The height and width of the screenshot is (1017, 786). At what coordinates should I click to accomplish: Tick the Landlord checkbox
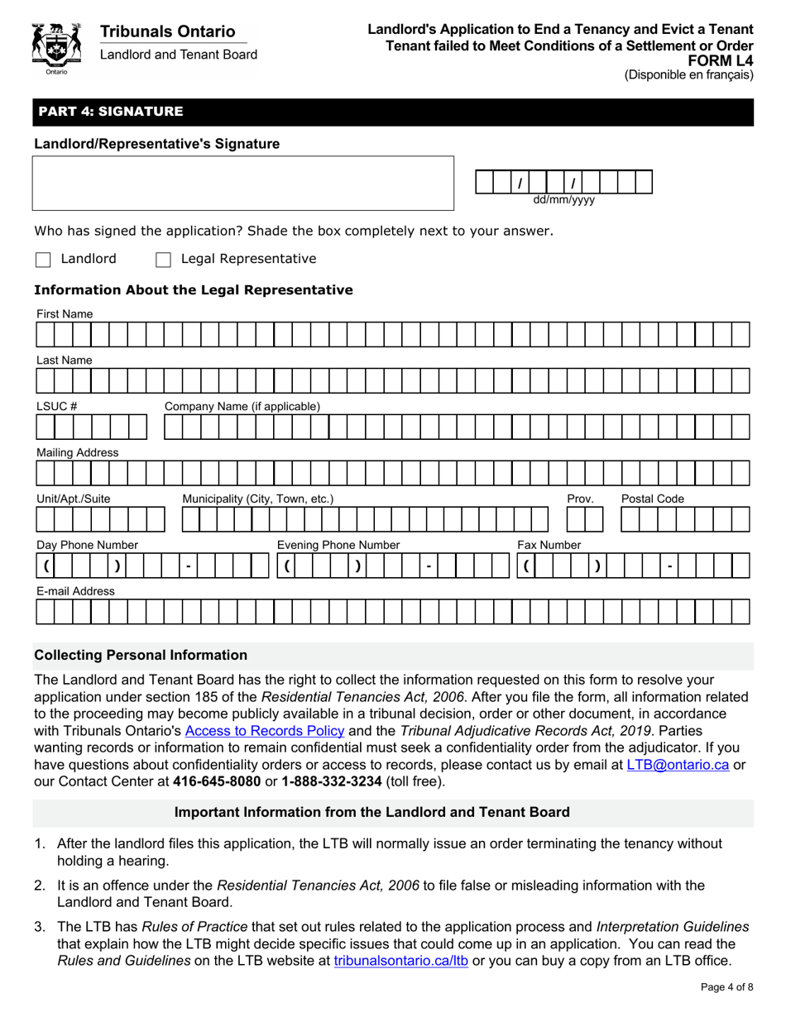pos(43,260)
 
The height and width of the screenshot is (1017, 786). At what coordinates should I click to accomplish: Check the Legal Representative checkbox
pos(163,260)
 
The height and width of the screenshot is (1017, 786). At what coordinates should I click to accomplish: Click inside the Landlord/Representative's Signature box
pos(243,183)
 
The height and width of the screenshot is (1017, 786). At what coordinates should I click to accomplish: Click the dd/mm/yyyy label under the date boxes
pos(563,200)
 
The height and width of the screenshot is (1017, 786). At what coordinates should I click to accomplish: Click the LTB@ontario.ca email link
pos(678,765)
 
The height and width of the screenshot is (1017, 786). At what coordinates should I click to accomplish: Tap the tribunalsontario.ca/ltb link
pos(400,962)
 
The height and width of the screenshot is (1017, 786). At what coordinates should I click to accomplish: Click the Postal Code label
pos(653,499)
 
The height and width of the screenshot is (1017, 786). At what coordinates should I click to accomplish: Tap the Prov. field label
pos(580,499)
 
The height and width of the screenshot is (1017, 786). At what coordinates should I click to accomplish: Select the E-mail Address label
pos(74,591)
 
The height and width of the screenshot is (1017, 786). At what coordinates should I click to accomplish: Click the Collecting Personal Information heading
pos(141,655)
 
